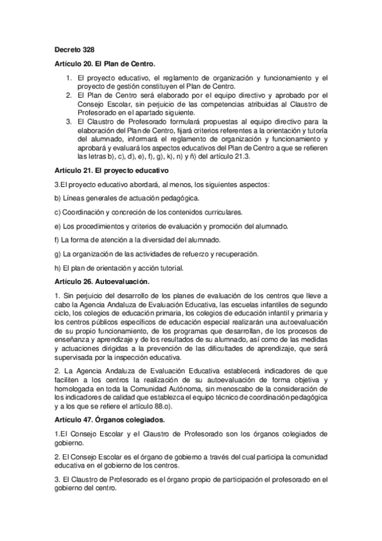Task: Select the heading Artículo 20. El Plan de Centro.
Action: (105, 64)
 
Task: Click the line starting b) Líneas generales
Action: (127, 198)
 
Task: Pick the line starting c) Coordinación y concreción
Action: (148, 212)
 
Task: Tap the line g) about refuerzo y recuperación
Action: (156, 254)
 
